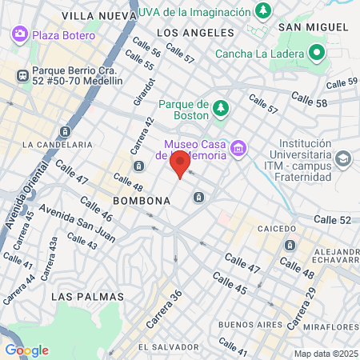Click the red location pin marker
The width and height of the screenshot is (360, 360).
click(x=180, y=164)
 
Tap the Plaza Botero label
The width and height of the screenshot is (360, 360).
click(x=64, y=34)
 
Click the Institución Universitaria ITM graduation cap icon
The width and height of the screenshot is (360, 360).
click(x=343, y=158)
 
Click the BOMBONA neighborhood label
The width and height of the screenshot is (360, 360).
click(x=142, y=200)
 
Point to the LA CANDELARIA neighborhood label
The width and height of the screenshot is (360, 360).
click(x=58, y=145)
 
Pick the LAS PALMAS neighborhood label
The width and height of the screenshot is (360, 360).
click(x=87, y=296)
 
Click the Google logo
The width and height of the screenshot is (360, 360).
click(x=26, y=350)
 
